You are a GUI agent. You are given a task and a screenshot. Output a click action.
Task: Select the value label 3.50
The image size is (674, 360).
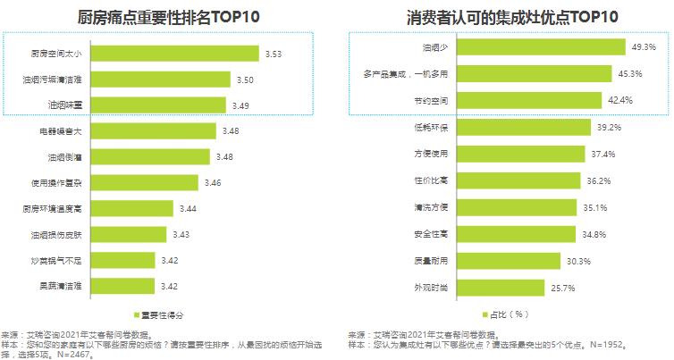[245, 80]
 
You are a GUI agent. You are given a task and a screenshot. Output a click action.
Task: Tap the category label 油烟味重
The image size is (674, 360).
[65, 105]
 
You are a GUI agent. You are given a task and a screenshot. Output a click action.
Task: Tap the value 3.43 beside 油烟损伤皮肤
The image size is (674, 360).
[181, 235]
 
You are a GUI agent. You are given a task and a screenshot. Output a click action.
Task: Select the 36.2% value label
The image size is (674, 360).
[599, 180]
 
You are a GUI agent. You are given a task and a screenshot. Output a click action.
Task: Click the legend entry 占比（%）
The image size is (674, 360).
[508, 314]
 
